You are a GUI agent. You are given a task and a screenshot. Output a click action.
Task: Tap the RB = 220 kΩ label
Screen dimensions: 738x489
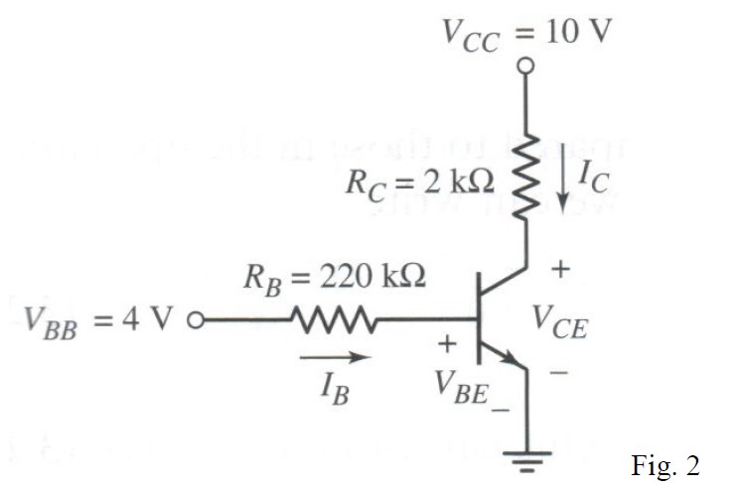(x=336, y=278)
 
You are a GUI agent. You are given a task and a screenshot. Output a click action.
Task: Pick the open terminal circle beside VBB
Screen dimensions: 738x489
(x=196, y=320)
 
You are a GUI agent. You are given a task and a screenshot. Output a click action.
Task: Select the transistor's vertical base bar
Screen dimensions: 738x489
(x=478, y=320)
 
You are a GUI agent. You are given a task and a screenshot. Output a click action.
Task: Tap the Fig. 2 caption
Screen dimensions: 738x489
(x=664, y=465)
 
